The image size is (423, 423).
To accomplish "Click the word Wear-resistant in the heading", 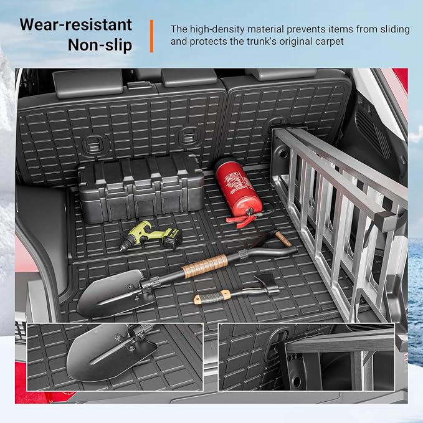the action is [x=76, y=25].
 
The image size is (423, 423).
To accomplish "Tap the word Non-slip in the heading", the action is [x=100, y=45].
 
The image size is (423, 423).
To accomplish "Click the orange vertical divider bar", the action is [x=151, y=36].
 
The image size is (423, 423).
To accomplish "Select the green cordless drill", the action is [x=150, y=235].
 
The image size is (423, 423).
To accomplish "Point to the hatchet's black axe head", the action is [x=267, y=283].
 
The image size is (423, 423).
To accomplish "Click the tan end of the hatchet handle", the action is [x=197, y=298].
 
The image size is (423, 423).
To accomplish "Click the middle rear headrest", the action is [x=189, y=77].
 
